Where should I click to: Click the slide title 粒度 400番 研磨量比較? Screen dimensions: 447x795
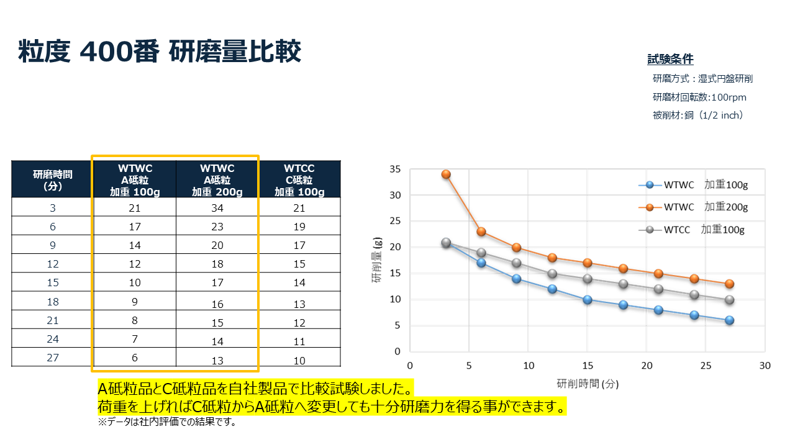tap(160, 52)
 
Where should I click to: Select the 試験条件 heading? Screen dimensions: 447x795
tap(670, 60)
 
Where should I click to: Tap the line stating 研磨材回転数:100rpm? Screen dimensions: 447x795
tap(699, 97)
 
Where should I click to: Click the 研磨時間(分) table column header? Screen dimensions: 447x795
tap(52, 179)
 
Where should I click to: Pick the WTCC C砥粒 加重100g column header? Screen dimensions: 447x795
tap(299, 179)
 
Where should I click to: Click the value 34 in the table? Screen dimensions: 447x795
tap(217, 208)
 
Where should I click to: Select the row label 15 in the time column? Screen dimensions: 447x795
tap(52, 283)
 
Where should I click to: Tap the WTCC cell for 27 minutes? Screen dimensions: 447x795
tap(299, 361)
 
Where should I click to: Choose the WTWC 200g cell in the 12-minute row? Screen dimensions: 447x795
tap(217, 264)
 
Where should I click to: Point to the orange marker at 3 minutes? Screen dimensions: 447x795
tap(446, 174)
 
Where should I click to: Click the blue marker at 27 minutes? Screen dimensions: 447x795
tap(729, 320)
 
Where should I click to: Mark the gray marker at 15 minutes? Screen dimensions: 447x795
tap(587, 279)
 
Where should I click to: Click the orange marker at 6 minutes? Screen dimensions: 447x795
tap(481, 232)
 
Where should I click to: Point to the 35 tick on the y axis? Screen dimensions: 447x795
tap(395, 169)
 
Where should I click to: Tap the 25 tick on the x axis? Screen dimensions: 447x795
tap(706, 366)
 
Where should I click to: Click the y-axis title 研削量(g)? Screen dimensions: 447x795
tap(376, 260)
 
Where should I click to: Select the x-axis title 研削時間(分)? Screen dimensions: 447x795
tap(588, 384)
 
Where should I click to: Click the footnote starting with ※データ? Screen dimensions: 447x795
tap(166, 423)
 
